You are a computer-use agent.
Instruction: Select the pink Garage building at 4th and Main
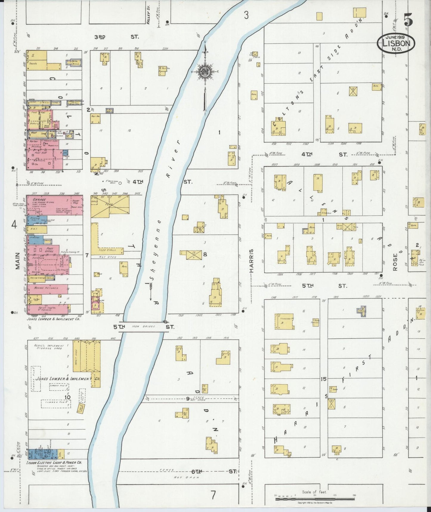[54, 205]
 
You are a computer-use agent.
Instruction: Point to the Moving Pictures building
[47, 289]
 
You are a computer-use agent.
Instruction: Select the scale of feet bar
[315, 499]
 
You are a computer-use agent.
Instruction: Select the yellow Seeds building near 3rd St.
[36, 60]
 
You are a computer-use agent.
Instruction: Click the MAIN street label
[18, 260]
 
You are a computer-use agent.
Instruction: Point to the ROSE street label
[396, 262]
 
